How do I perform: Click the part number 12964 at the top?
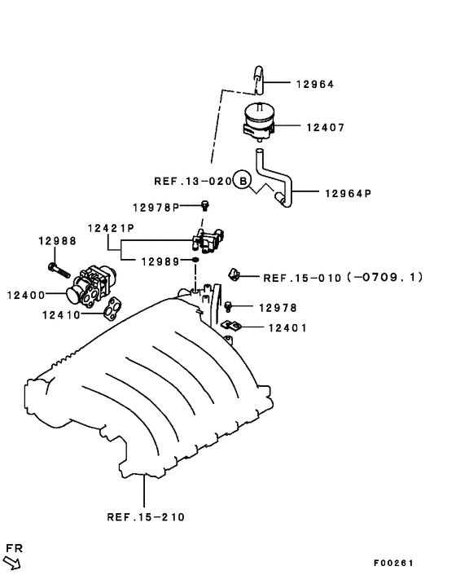[x=314, y=84]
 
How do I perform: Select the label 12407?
[x=326, y=127]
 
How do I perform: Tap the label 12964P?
[x=348, y=194]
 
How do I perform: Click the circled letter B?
[x=240, y=180]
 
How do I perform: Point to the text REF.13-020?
[x=191, y=181]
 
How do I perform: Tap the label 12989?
[x=160, y=261]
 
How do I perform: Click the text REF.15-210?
[x=146, y=516]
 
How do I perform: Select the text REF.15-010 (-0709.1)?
[x=343, y=277]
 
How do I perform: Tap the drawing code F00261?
[x=394, y=563]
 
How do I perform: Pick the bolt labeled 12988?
[x=54, y=266]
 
